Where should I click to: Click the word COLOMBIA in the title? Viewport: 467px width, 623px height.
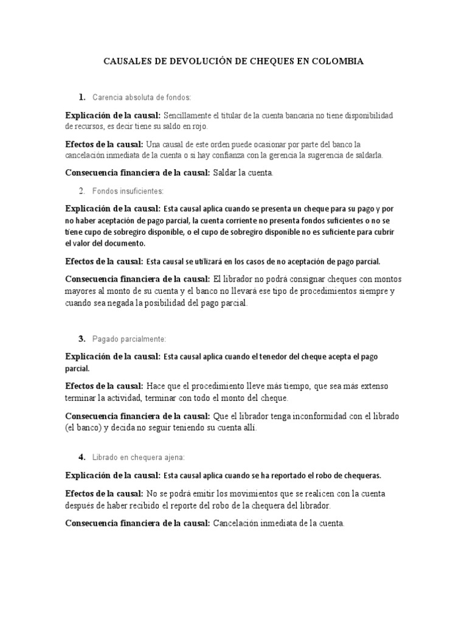click(x=336, y=61)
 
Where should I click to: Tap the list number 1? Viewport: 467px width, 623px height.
click(x=81, y=97)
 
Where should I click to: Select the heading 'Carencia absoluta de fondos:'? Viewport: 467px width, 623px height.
click(x=142, y=97)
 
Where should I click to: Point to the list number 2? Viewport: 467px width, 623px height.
click(x=81, y=191)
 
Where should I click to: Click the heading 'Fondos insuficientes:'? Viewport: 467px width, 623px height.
click(x=129, y=191)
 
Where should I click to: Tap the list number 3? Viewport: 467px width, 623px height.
click(x=81, y=338)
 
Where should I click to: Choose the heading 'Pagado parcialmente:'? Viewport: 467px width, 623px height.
click(x=129, y=338)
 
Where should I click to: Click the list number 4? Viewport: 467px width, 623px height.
click(x=81, y=457)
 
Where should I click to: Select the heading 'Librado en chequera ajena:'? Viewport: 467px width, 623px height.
click(x=138, y=457)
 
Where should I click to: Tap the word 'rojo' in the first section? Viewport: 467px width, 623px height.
click(x=198, y=127)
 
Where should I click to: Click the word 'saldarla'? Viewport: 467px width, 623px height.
click(x=368, y=156)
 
